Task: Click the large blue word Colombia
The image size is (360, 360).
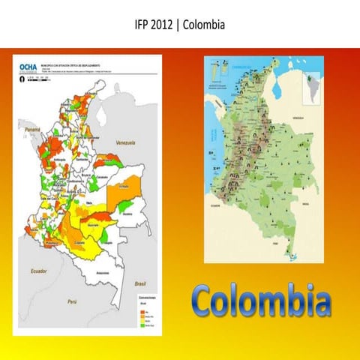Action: coord(261,301)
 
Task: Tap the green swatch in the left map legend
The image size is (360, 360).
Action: coord(142,327)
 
